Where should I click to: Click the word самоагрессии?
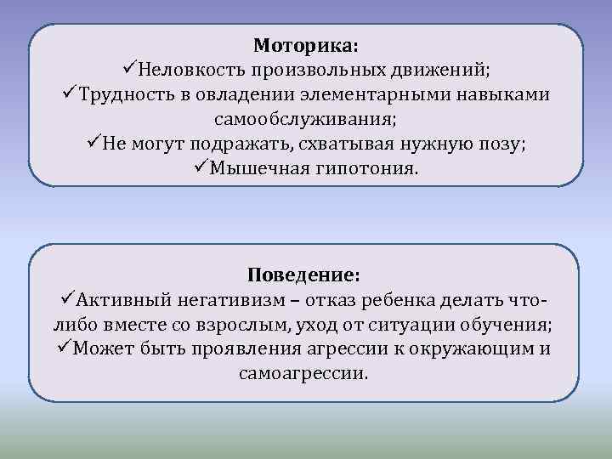click(303, 373)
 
